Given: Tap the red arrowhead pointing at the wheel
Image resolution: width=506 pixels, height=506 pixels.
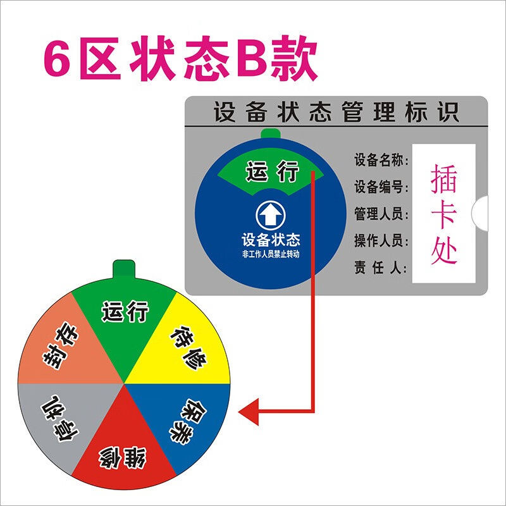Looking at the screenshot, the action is [249, 413].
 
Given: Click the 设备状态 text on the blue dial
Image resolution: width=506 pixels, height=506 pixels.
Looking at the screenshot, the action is [271, 240].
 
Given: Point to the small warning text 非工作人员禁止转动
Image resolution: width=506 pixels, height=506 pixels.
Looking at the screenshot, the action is [271, 254].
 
